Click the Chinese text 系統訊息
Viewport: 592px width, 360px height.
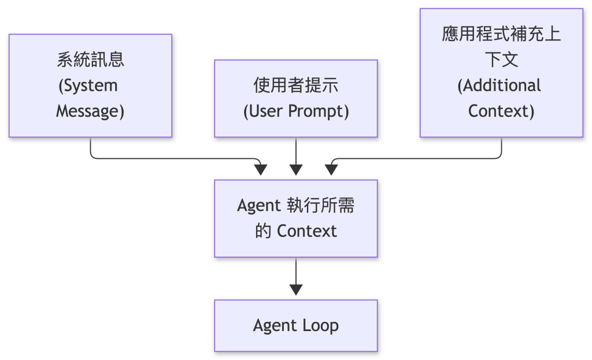[x=91, y=60]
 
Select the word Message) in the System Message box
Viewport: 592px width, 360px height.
[x=90, y=111]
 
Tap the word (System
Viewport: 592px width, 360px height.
[x=88, y=86]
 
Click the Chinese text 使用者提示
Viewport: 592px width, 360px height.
[x=296, y=85]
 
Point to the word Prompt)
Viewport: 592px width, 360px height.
[x=319, y=111]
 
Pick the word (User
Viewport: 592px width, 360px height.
[x=263, y=111]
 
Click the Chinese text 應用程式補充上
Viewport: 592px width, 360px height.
[x=501, y=34]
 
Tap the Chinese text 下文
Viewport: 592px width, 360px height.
[x=501, y=60]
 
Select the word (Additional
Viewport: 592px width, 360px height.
[x=499, y=86]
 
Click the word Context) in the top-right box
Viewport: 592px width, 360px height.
[x=501, y=111]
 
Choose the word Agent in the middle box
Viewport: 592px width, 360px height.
[x=259, y=206]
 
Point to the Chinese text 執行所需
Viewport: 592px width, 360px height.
[x=321, y=205]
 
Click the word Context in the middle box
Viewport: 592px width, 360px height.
[x=307, y=231]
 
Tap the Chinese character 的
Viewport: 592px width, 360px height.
[x=263, y=231]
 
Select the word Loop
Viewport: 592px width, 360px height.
[x=320, y=325]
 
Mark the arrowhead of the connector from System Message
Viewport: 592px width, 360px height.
[x=261, y=170]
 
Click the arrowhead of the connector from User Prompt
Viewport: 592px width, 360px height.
[x=296, y=170]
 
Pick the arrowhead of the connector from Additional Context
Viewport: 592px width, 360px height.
[x=331, y=170]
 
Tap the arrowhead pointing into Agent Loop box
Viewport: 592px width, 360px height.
[x=296, y=290]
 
